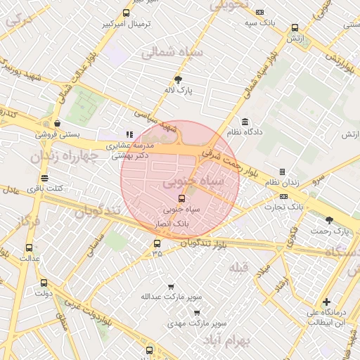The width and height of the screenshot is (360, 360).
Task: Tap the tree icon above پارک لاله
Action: click(178, 79)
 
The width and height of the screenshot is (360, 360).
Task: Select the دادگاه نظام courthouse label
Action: click(244, 131)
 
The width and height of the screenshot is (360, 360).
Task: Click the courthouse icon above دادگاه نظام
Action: click(245, 122)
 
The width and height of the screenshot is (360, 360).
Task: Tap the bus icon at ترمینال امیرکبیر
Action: click(126, 13)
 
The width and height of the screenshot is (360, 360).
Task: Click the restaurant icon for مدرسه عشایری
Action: click(129, 134)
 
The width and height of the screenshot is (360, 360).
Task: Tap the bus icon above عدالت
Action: click(29, 247)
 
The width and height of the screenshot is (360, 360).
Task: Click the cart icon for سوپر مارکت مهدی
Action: click(197, 313)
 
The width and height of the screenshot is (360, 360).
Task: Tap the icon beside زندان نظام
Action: click(282, 172)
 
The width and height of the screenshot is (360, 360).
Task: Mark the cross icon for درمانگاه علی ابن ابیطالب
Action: click(326, 302)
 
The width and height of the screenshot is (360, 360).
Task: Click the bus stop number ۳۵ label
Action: click(156, 254)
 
